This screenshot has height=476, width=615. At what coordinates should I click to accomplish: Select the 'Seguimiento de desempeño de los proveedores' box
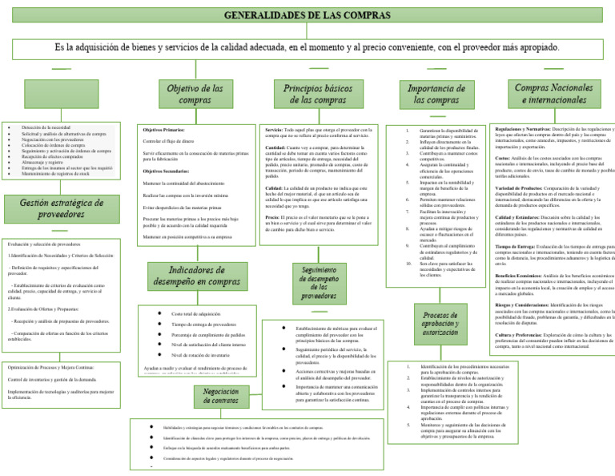pyautogui.click(x=319, y=285)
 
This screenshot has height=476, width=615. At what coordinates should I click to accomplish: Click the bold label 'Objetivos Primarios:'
pyautogui.click(x=163, y=129)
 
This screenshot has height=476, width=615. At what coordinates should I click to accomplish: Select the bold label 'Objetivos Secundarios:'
pyautogui.click(x=167, y=171)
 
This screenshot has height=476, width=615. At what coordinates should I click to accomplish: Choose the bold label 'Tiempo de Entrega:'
pyautogui.click(x=517, y=246)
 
